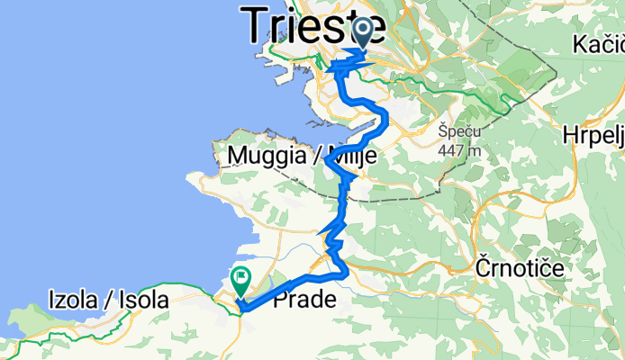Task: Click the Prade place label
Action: [304, 300]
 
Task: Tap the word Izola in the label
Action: [73, 301]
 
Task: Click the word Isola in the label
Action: [144, 301]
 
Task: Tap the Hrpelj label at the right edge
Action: [594, 132]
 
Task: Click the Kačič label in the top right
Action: [599, 44]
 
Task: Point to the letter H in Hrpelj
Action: [569, 132]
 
